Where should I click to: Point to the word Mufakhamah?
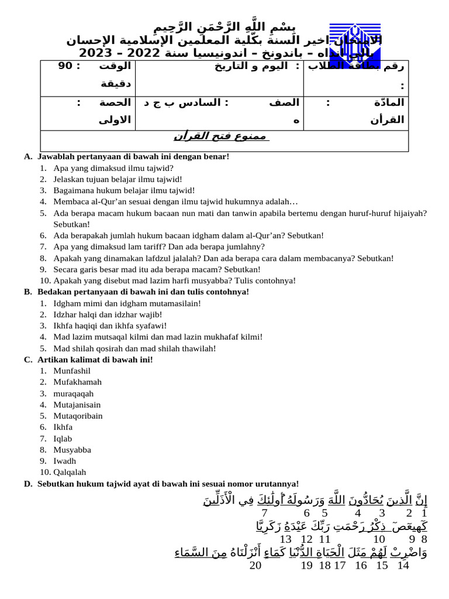click(x=77, y=382)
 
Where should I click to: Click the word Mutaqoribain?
click(x=78, y=416)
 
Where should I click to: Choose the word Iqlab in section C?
click(x=63, y=439)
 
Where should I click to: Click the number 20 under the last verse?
click(x=255, y=566)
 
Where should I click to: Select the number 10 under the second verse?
click(x=379, y=539)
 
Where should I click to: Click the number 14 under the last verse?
click(x=402, y=566)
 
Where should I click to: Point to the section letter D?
click(x=27, y=484)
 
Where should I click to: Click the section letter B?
click(x=27, y=291)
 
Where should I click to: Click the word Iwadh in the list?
click(x=65, y=461)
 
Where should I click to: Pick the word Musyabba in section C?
click(x=72, y=450)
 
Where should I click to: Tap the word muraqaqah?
click(x=73, y=393)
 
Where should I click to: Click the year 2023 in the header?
click(x=98, y=53)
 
